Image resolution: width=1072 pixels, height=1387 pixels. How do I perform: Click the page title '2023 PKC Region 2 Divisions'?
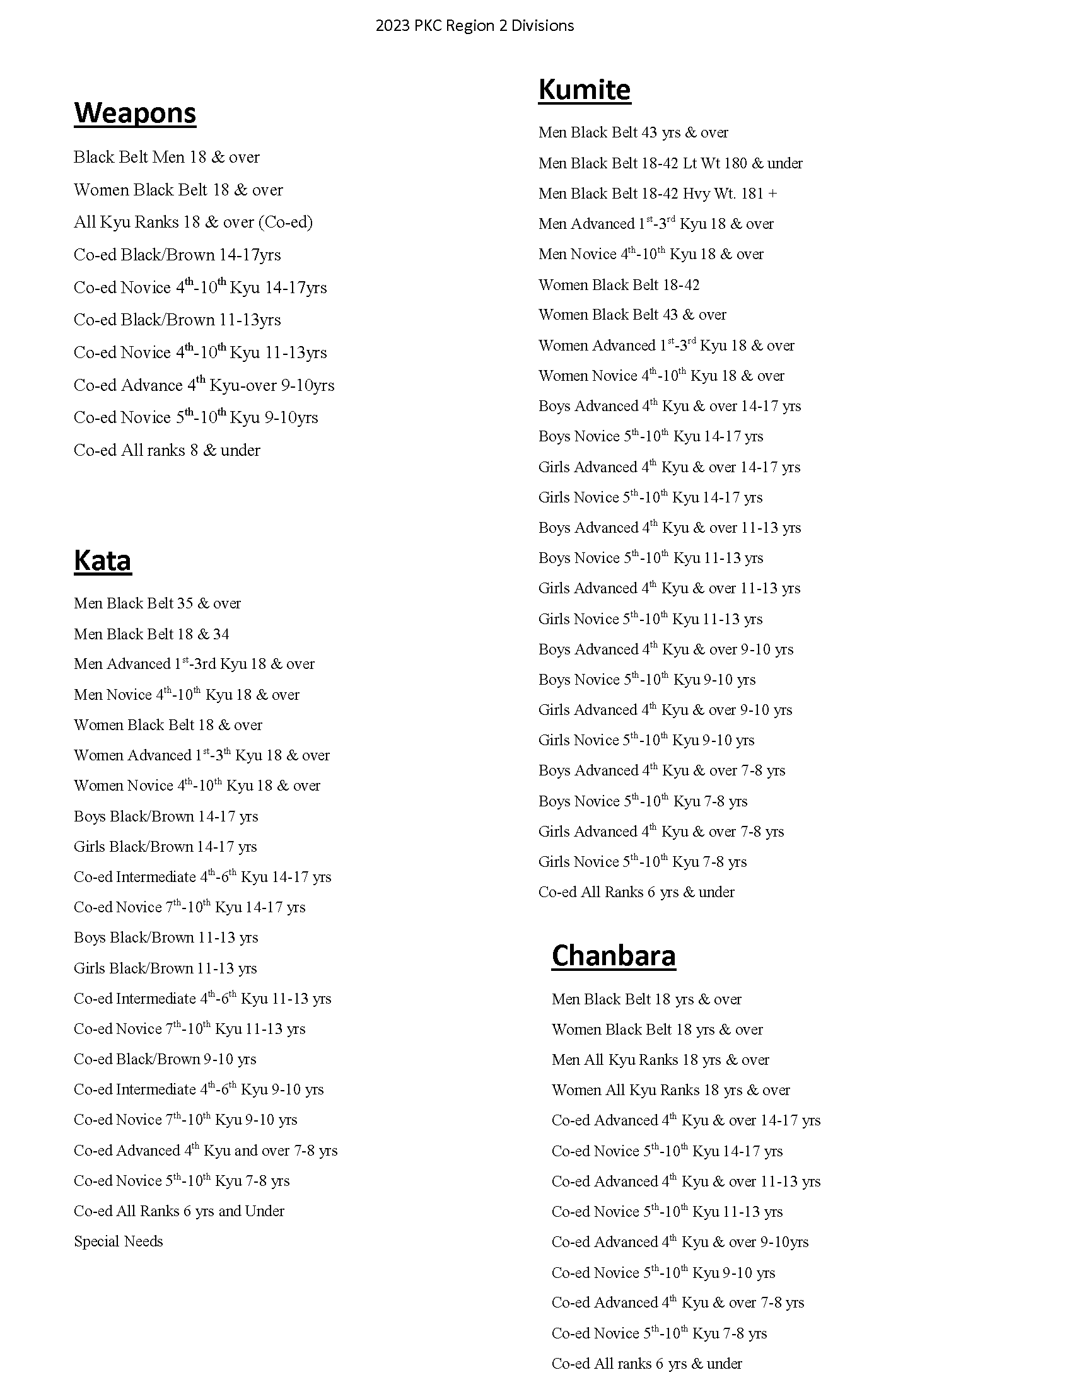(474, 26)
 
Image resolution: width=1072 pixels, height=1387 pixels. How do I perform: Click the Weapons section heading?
(135, 113)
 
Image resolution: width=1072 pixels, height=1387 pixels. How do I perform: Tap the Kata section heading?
(102, 560)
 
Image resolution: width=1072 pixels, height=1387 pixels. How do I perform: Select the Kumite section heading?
(585, 90)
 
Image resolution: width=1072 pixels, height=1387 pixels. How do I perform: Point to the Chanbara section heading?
(614, 956)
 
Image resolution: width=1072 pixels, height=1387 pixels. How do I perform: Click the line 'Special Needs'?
(118, 1241)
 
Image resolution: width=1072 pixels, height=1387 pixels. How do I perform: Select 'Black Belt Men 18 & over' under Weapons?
(166, 158)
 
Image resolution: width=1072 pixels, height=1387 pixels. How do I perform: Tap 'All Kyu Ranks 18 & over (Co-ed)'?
(193, 223)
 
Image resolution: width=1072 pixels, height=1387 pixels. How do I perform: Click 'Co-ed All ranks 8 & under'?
(167, 451)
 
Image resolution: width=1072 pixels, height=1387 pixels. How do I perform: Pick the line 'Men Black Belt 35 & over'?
(157, 603)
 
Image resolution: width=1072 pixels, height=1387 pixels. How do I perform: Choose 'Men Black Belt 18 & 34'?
(151, 634)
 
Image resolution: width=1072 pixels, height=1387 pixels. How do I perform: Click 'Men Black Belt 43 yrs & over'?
(633, 133)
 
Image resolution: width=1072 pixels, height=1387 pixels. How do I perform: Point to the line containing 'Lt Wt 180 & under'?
(670, 163)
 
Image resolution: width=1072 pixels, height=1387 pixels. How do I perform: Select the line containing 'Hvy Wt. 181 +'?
(657, 194)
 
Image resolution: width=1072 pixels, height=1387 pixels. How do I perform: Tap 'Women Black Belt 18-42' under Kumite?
(619, 285)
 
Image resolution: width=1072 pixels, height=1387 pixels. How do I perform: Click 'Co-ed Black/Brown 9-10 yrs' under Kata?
(165, 1059)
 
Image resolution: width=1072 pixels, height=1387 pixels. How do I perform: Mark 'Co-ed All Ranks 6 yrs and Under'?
(179, 1211)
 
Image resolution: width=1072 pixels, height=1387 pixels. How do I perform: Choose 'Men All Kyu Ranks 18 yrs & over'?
(660, 1060)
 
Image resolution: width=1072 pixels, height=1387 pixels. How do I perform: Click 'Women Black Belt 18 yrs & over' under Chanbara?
(656, 1030)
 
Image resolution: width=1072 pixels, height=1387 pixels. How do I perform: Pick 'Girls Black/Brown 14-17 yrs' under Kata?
(165, 847)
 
